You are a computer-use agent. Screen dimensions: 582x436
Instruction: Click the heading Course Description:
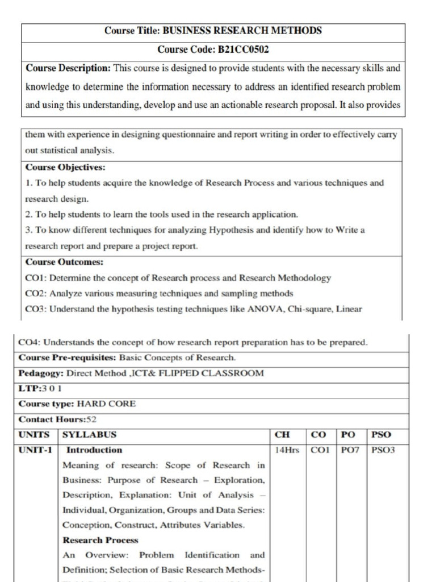click(68, 68)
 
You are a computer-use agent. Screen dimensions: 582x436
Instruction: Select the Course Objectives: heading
click(65, 167)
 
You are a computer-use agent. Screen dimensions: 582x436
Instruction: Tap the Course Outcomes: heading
click(64, 262)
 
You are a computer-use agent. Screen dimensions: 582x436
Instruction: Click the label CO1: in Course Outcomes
click(36, 278)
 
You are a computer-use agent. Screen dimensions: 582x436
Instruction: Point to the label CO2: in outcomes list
click(36, 293)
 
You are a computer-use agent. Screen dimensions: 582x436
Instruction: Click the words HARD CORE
click(106, 404)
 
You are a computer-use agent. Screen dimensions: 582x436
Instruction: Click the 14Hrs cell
click(287, 450)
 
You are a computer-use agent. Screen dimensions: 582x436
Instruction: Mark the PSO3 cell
click(383, 450)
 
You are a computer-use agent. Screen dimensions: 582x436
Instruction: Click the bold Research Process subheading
click(100, 540)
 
